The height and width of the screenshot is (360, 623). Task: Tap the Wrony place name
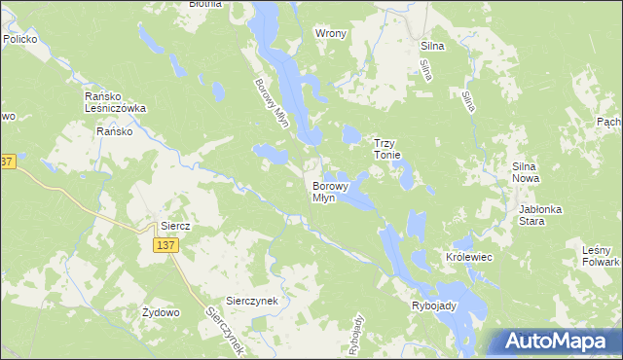(331, 33)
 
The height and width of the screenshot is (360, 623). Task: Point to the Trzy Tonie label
(395, 148)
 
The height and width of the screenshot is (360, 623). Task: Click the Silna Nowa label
(532, 173)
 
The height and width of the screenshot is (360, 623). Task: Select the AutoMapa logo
(557, 342)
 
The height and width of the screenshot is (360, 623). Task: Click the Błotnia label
(205, 4)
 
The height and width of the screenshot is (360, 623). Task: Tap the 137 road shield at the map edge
(6, 162)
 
